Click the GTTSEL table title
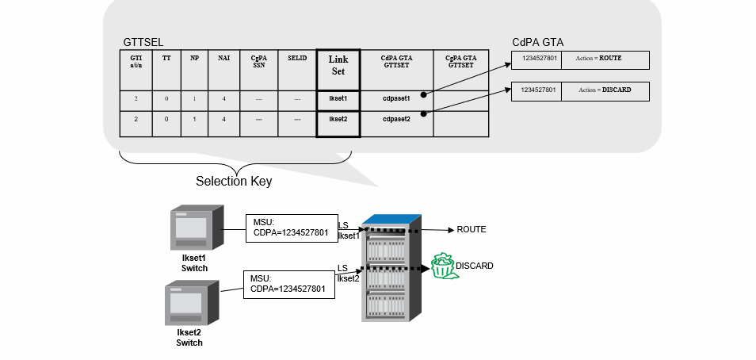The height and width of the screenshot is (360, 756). tap(143, 42)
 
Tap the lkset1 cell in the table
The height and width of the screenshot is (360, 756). tap(338, 99)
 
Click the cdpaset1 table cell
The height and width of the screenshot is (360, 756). tap(395, 99)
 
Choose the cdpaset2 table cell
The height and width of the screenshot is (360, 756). tap(395, 120)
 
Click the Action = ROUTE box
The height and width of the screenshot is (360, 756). tap(605, 59)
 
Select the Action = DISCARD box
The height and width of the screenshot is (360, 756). tap(605, 90)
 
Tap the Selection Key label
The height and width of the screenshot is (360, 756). tap(234, 182)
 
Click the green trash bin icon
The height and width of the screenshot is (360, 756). tap(443, 266)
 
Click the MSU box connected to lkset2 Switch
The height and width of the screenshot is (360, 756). tap(289, 284)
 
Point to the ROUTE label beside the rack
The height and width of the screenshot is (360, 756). tap(471, 229)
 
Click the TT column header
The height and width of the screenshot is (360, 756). tap(166, 59)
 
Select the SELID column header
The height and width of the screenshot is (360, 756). tap(296, 59)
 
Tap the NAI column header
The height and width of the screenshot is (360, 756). tap(223, 59)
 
